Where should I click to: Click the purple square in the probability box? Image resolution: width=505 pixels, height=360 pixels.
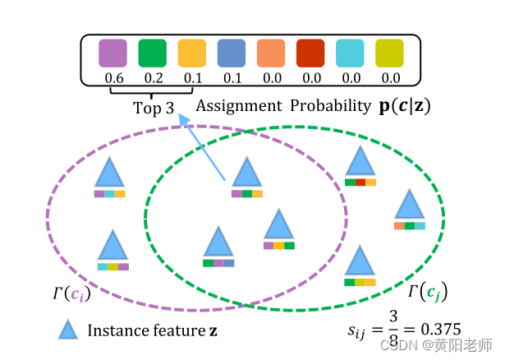[111, 53]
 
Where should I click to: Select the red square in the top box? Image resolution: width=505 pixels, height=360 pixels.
[311, 53]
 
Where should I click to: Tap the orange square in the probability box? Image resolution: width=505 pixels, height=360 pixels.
[271, 53]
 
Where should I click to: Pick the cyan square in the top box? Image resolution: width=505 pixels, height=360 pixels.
[351, 53]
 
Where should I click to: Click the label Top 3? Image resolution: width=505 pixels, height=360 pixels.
[153, 108]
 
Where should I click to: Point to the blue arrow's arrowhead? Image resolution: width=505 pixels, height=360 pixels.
[183, 120]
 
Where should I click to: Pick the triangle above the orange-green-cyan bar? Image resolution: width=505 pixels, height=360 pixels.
[409, 205]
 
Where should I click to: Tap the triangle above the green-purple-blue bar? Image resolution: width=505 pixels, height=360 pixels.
[218, 243]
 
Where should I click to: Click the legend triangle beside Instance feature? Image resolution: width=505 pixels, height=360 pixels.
[68, 330]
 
